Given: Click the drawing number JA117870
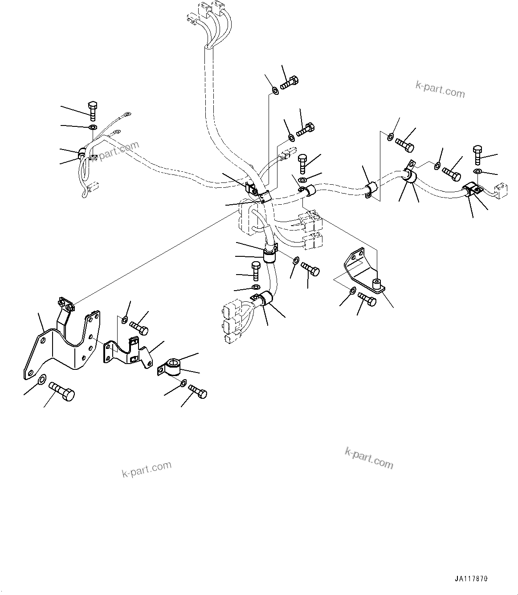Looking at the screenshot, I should [471, 579].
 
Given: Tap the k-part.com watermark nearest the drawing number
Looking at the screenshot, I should [369, 458].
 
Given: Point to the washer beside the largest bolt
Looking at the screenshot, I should [41, 380].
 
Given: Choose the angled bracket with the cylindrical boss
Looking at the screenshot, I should [361, 272].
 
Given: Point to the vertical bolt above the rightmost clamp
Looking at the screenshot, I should [477, 154].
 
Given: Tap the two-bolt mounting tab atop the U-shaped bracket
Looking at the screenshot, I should [65, 305].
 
